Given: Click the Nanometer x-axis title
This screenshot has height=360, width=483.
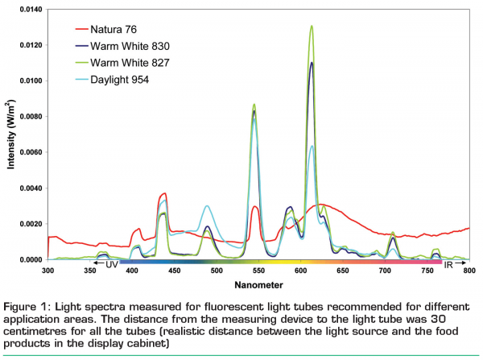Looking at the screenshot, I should coord(258,285).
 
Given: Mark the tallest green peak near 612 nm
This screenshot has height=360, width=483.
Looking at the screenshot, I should coord(312,26).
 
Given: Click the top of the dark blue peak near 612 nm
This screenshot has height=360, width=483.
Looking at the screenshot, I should coord(312,63).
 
